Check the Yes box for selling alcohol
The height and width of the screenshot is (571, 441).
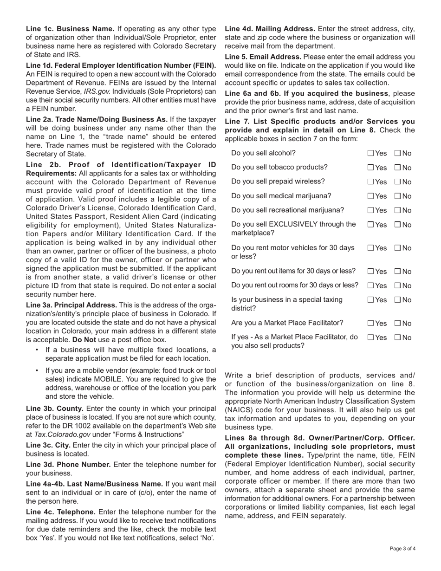coord(370,153)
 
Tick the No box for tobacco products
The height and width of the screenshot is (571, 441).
coord(397,168)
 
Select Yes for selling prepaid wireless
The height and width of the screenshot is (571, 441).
coord(370,182)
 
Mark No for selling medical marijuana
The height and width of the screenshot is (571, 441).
coord(397,196)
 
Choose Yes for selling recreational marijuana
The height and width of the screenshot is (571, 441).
coord(370,210)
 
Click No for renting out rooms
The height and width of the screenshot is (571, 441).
coord(397,285)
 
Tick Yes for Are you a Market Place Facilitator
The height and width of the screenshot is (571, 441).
coord(370,323)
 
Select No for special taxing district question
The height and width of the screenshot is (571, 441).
coord(397,300)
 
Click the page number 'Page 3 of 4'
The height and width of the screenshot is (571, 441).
coord(402,549)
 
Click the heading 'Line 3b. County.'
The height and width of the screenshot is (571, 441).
coord(55,409)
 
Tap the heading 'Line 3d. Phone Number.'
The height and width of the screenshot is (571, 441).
coord(68,465)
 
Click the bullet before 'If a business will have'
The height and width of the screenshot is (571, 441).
coord(37,350)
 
